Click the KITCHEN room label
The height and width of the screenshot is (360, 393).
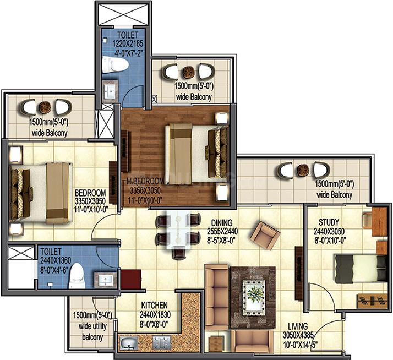point(154,305)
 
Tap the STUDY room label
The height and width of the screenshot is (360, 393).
point(329,222)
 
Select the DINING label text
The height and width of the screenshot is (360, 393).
point(222,222)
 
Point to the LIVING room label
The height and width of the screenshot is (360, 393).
point(298,326)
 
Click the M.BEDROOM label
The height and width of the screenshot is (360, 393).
point(145,181)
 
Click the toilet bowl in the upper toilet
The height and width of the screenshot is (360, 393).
point(115,65)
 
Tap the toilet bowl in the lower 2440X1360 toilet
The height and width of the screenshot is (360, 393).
point(77,276)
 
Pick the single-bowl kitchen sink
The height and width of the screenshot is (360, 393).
point(129,342)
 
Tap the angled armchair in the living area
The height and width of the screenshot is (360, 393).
point(265,235)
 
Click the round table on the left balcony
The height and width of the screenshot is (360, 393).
point(45,107)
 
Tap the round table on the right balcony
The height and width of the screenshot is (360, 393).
point(303,170)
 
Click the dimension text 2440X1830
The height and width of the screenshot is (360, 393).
point(155,315)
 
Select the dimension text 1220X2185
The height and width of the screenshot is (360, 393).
point(128,43)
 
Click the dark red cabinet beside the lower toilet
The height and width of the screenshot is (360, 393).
point(130,279)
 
